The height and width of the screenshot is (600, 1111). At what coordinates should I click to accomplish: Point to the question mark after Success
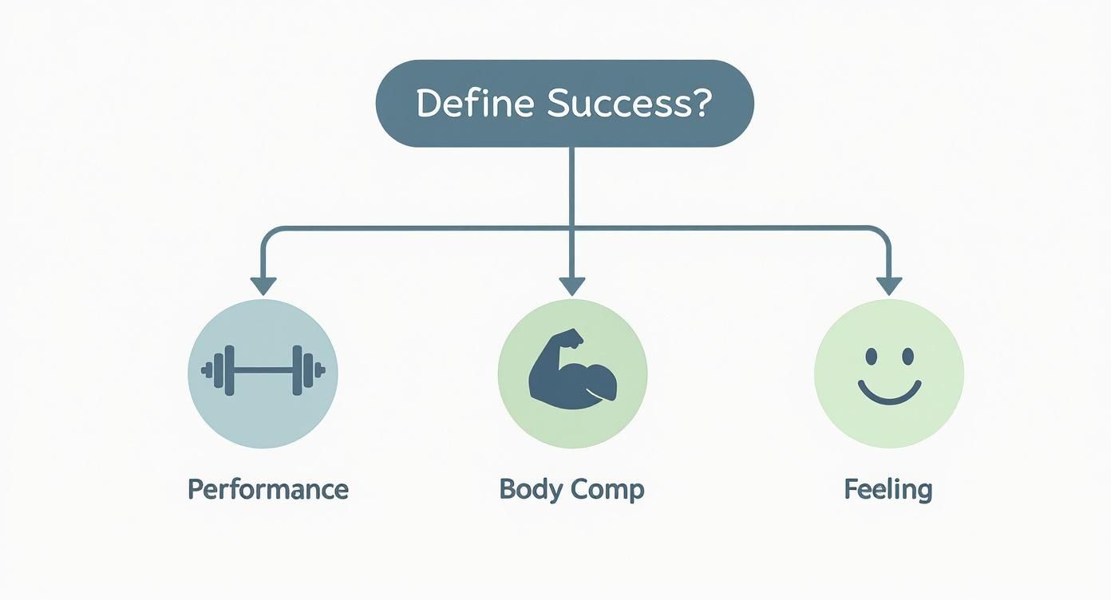pyautogui.click(x=700, y=105)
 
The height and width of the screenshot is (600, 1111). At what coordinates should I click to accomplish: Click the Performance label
pyautogui.click(x=268, y=488)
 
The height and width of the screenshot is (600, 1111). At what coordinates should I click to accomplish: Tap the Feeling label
pyautogui.click(x=888, y=488)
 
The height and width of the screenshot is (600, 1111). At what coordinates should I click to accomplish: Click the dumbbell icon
pyautogui.click(x=263, y=370)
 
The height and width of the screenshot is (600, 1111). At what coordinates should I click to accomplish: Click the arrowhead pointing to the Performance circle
pyautogui.click(x=263, y=286)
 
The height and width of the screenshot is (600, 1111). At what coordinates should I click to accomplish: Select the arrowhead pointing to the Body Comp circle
pyautogui.click(x=571, y=286)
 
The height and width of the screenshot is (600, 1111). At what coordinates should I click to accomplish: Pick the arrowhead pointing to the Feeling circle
pyautogui.click(x=888, y=286)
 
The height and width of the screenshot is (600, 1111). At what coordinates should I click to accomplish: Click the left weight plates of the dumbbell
pyautogui.click(x=223, y=370)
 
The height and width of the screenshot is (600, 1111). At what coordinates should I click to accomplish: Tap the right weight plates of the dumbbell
pyautogui.click(x=302, y=370)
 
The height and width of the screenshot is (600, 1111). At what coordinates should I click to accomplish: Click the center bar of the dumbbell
pyautogui.click(x=263, y=370)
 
